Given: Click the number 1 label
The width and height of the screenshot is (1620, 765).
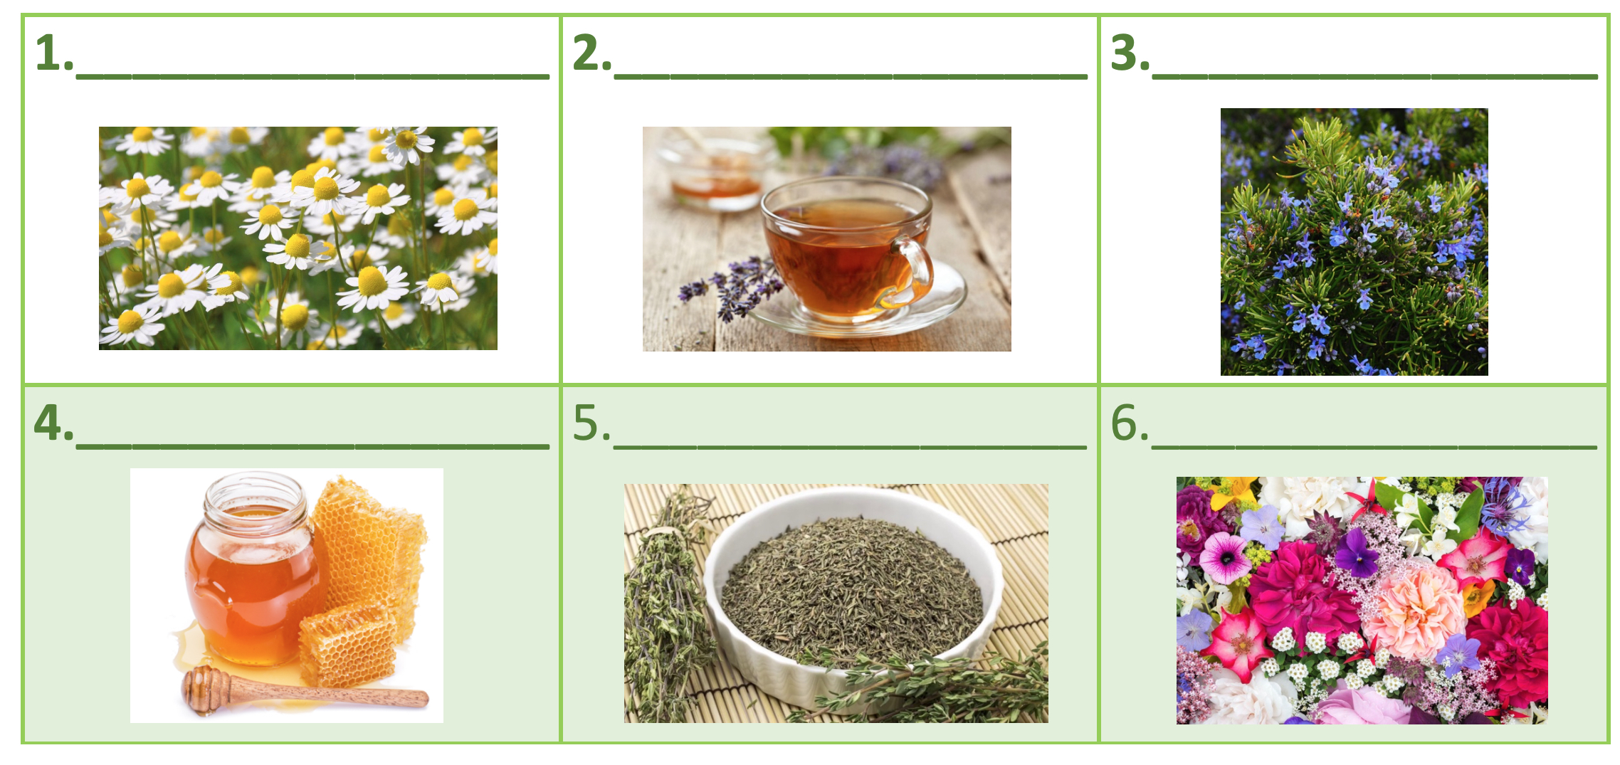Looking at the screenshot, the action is pos(53,53).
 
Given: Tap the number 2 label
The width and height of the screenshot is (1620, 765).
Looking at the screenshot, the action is pos(591,53).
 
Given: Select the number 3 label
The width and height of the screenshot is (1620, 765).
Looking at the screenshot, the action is pos(1130,53).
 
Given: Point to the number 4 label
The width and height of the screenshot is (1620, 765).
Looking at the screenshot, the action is pos(53,423).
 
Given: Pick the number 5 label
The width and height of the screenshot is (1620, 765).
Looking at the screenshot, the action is pos(591,423).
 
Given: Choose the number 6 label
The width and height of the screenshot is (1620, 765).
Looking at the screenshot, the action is pos(1130,423).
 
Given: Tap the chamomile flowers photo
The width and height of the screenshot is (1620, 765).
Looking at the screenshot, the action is pos(298,238).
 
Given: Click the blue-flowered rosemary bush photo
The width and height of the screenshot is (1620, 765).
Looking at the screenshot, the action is pos(1354,242).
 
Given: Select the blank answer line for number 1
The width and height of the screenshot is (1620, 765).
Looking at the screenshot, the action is pos(312,75).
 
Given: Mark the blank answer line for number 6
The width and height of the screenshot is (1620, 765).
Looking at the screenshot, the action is pos(1374,446).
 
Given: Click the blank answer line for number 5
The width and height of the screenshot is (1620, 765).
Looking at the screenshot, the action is pos(850,446).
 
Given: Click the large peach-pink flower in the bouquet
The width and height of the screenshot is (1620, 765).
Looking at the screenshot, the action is pos(1413,608).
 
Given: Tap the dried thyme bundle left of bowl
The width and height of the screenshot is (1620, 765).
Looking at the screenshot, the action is pos(666,605).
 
